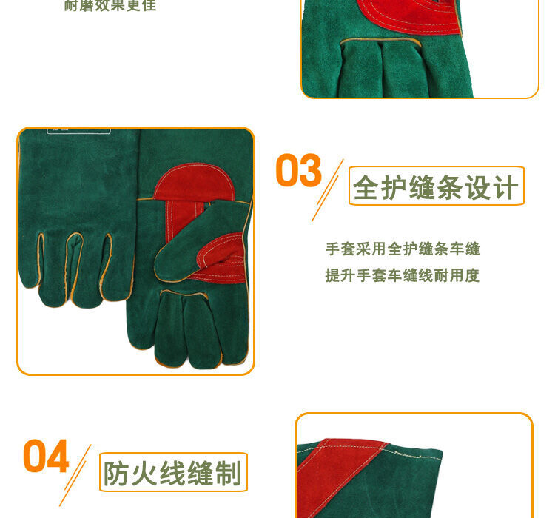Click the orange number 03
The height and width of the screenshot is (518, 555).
(298, 171)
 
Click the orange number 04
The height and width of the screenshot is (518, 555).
(46, 457)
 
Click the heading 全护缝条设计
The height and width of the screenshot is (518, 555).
(436, 187)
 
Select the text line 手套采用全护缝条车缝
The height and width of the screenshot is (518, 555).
(403, 249)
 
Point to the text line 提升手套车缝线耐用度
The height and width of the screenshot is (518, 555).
(403, 275)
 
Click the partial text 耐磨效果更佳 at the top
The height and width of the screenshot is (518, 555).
(110, 6)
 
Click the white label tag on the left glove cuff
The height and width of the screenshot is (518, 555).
(78, 130)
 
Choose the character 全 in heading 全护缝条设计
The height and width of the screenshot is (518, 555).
(366, 187)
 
